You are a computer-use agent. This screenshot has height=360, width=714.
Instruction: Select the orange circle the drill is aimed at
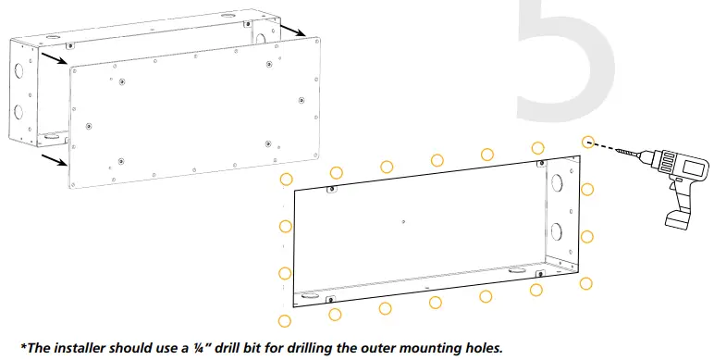tap(587, 142)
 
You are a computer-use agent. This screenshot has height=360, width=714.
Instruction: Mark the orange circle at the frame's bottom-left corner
tap(285, 320)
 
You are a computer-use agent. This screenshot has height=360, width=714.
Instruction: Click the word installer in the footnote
tap(84, 348)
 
